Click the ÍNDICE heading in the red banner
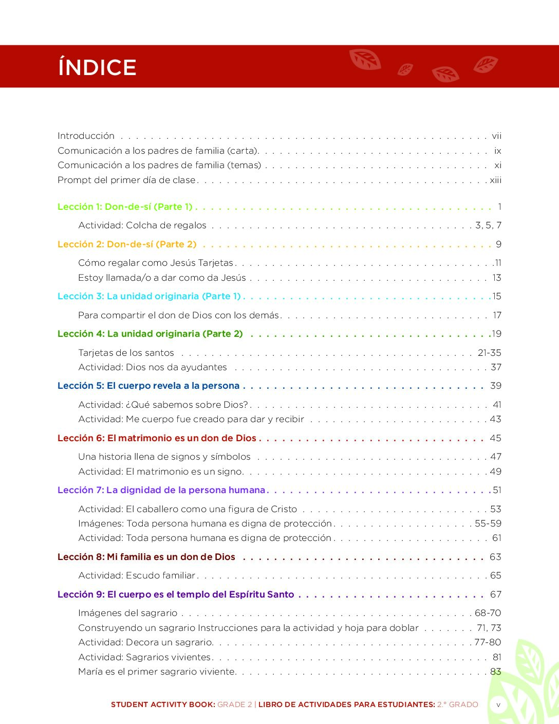97,67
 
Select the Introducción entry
86,136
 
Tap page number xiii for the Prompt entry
495,180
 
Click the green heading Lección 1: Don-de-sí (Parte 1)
125,207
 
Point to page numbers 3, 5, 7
488,225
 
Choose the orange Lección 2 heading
127,244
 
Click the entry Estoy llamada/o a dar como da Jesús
162,278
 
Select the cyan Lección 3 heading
149,296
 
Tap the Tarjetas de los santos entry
126,353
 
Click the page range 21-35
489,353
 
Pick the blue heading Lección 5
148,386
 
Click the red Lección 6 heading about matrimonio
157,438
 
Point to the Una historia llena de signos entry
164,457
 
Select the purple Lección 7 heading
161,490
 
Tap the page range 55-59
488,523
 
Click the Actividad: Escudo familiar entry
137,575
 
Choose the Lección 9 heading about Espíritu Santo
176,594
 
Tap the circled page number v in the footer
498,705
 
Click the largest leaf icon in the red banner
365,59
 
